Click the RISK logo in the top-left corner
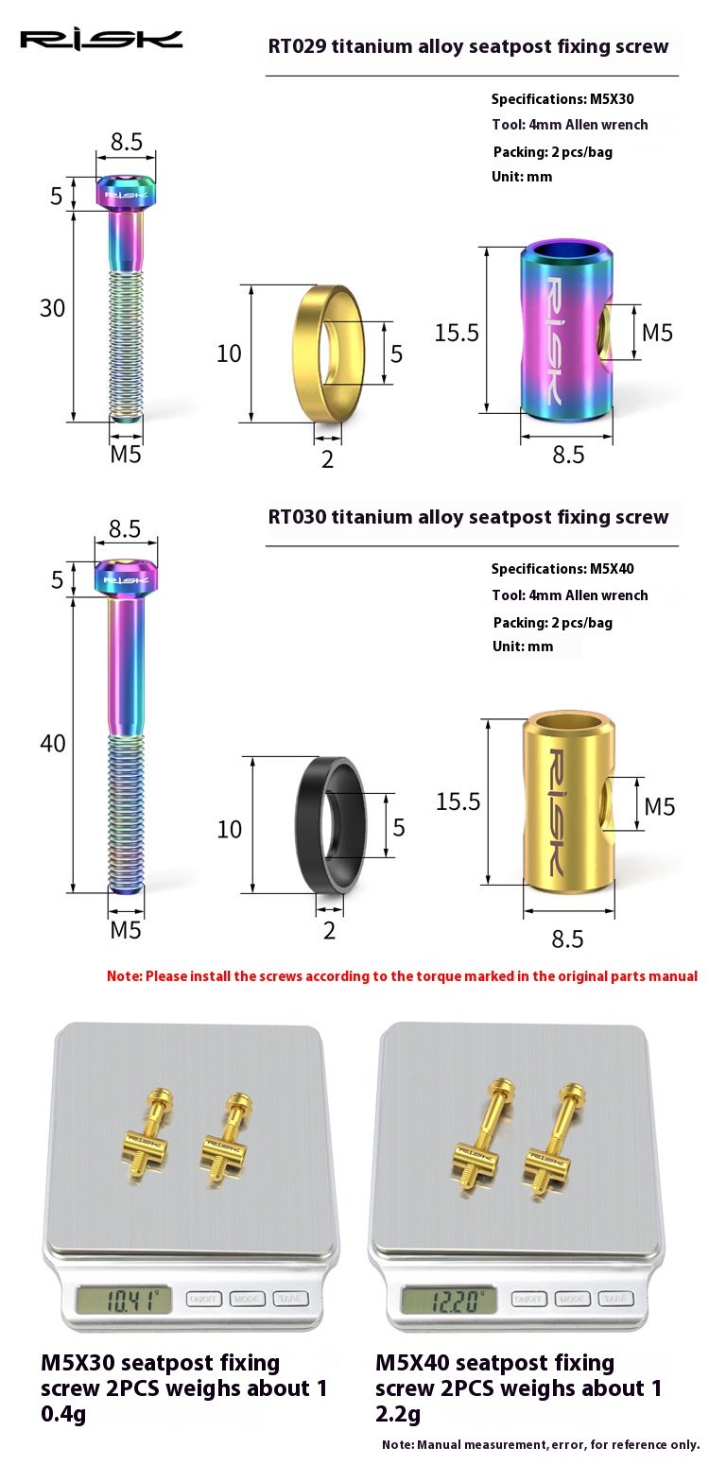pyautogui.click(x=101, y=40)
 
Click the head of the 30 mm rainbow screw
pyautogui.click(x=126, y=192)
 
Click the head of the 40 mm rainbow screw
pyautogui.click(x=126, y=577)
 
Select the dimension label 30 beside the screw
pyautogui.click(x=52, y=308)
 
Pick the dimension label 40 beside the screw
pyautogui.click(x=53, y=744)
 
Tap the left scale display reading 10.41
pyautogui.click(x=124, y=1300)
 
